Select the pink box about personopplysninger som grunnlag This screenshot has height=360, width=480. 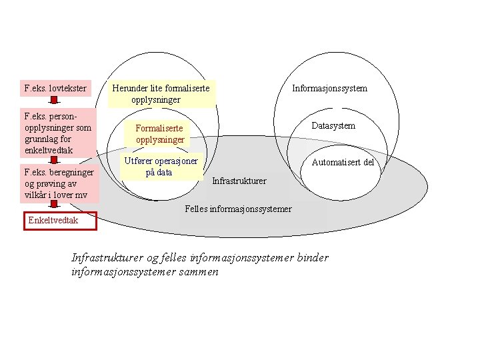click(58, 133)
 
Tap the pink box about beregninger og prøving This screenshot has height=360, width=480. click(59, 183)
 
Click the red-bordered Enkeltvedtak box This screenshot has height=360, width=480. click(60, 221)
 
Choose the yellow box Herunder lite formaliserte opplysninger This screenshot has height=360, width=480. click(162, 94)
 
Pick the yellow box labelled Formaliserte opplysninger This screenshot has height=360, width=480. click(160, 134)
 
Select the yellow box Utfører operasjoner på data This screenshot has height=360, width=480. click(161, 167)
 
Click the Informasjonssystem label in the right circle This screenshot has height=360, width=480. click(329, 88)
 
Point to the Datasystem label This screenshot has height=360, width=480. click(333, 126)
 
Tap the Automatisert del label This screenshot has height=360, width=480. click(343, 162)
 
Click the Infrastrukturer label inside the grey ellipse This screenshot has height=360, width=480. click(239, 181)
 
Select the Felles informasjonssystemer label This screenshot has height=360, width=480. click(237, 209)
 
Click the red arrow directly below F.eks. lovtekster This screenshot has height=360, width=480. click(55, 101)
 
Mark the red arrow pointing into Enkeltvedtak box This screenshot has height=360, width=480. click(55, 206)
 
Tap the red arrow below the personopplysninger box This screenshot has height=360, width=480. click(55, 159)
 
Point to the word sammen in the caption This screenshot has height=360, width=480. click(199, 273)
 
